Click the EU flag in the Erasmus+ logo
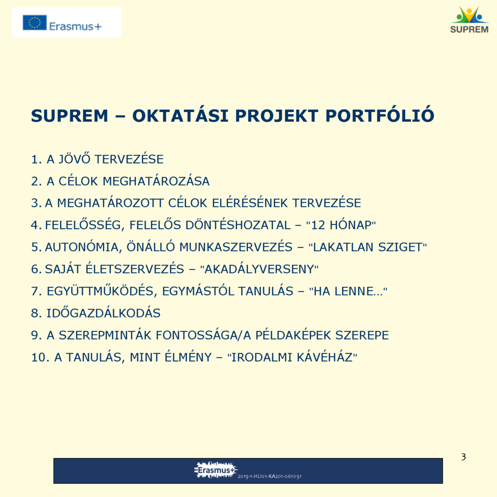(x=34, y=22)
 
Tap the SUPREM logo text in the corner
(x=469, y=30)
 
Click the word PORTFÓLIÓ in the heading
(x=380, y=115)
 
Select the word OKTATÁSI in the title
(x=181, y=115)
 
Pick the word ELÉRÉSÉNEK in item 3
(x=250, y=202)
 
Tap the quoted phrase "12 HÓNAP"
(x=341, y=225)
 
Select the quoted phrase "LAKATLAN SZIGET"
(x=368, y=247)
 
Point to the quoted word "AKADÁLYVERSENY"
(x=259, y=269)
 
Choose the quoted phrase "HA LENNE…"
(x=348, y=291)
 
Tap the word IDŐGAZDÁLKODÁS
(x=104, y=313)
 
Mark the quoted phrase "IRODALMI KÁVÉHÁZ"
(x=292, y=357)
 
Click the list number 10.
(x=40, y=357)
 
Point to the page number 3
(x=464, y=457)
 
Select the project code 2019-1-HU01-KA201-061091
(x=269, y=476)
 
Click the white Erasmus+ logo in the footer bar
(x=216, y=470)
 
